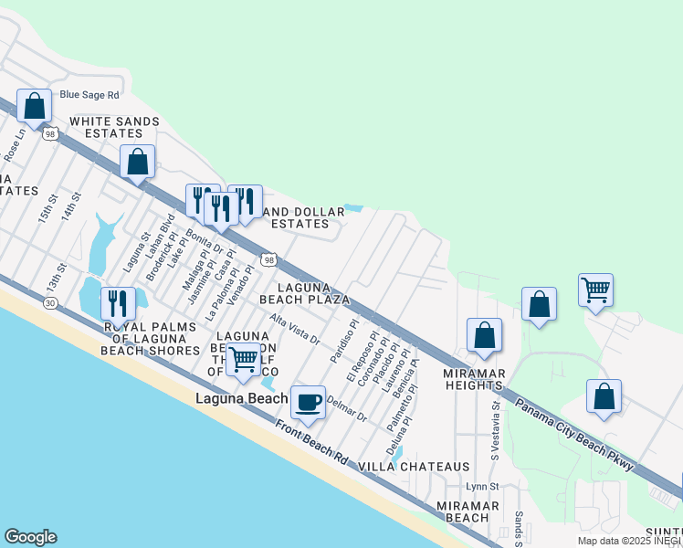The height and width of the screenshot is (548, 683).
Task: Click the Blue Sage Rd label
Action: coord(89,94)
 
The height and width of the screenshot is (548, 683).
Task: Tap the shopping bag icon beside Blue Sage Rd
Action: coord(35,107)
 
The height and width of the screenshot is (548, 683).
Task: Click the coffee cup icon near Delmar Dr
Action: coord(308,402)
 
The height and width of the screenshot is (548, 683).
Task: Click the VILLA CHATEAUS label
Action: coord(414,466)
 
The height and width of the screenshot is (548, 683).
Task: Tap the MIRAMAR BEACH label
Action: coord(468,511)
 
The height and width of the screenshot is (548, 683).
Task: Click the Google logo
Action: coord(30,537)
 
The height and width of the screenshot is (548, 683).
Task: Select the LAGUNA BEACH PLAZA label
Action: coord(305,293)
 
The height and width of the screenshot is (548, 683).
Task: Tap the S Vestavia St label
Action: coord(496,422)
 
